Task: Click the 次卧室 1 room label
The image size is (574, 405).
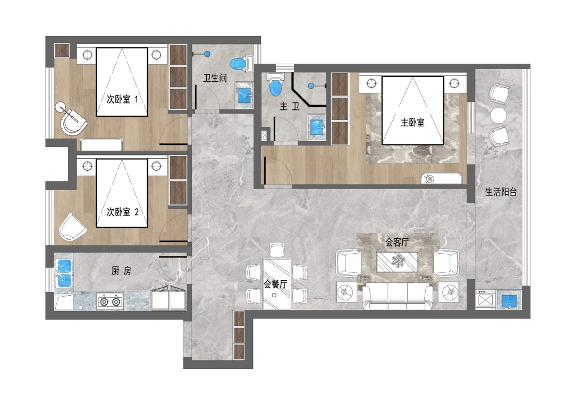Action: [122, 99]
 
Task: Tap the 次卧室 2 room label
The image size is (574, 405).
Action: [122, 212]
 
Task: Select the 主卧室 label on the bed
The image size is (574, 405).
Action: [412, 123]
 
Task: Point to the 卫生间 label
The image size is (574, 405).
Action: [215, 78]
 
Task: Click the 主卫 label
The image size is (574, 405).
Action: [290, 106]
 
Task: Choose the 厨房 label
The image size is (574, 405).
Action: [121, 271]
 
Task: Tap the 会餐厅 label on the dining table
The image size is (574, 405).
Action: [275, 284]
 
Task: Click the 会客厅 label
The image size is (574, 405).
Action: [397, 242]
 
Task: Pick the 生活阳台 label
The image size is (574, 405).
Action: [501, 192]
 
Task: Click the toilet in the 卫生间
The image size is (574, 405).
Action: [242, 64]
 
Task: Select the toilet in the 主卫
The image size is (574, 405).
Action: [276, 84]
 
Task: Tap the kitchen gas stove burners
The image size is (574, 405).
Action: [110, 301]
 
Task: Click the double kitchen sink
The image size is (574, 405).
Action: [64, 273]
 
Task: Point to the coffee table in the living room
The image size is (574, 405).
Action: [397, 262]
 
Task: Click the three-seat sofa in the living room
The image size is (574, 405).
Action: [397, 296]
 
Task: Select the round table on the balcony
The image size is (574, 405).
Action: [498, 115]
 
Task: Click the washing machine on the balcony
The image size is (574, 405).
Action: [485, 300]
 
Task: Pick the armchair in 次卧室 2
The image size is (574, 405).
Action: [72, 227]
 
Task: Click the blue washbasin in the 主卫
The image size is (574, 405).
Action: [317, 126]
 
